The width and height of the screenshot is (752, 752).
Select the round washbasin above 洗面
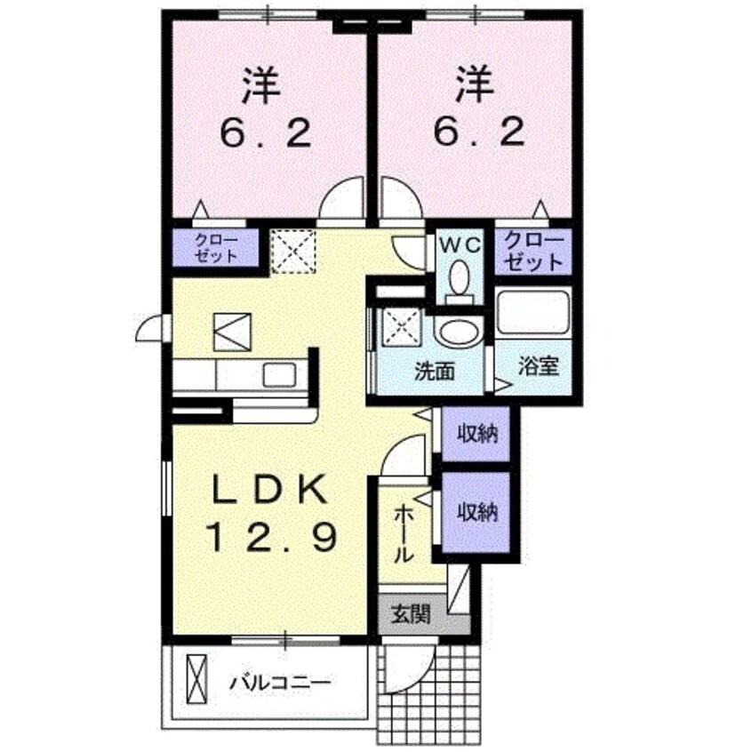click(x=458, y=332)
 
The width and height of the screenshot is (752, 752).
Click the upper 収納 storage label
click(x=476, y=435)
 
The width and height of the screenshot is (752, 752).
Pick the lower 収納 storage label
click(x=476, y=513)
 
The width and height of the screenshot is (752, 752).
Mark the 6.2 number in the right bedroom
click(x=478, y=133)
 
